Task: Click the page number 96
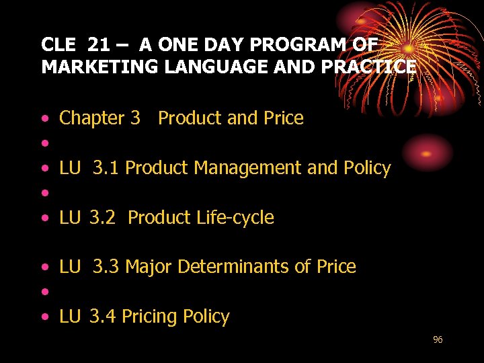(438, 340)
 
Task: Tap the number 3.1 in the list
(106, 168)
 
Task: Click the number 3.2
(103, 218)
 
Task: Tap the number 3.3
(106, 267)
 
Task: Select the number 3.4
(103, 317)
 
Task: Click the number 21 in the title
(98, 45)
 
